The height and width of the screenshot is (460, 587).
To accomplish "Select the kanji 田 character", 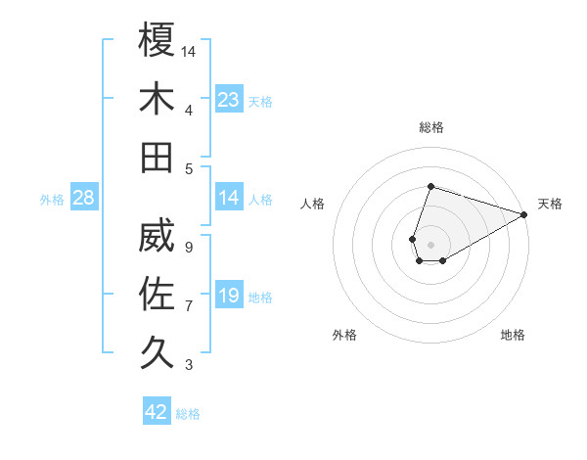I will coord(157,157).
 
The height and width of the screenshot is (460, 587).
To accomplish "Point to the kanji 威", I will coord(157,236).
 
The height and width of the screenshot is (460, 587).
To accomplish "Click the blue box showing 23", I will coord(229,100).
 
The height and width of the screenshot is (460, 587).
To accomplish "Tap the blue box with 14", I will coord(229,199).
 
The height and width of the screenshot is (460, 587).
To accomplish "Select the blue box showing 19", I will coord(229,297).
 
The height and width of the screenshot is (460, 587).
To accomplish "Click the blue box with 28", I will coord(83,199).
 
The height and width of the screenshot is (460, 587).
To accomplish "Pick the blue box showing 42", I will coord(157,412).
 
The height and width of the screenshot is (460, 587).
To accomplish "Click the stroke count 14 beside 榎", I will coord(189,50).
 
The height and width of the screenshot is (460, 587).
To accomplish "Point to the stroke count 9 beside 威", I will coord(188,248).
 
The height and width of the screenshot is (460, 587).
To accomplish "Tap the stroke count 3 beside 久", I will coord(188,365).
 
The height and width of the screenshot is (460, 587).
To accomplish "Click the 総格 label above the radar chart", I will coord(430,127).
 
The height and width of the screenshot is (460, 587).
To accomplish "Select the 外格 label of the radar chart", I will coord(344,336).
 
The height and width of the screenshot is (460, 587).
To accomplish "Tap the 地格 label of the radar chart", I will coord(513,336).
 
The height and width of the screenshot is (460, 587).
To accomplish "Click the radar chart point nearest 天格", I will coord(525,215).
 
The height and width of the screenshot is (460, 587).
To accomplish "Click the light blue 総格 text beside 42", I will coord(188,414).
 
